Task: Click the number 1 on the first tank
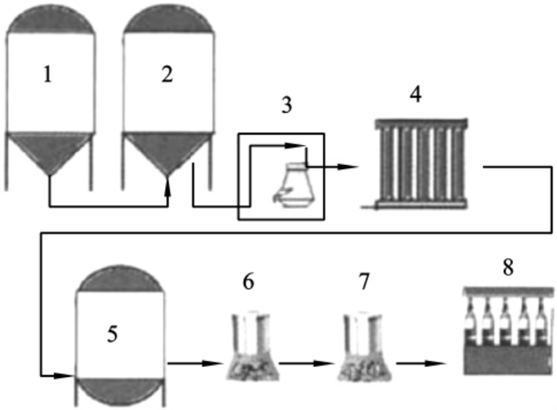[48, 76]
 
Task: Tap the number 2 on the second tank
[167, 74]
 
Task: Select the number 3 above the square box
[287, 105]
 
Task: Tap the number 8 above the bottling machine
[506, 268]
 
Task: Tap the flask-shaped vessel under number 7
[364, 349]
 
